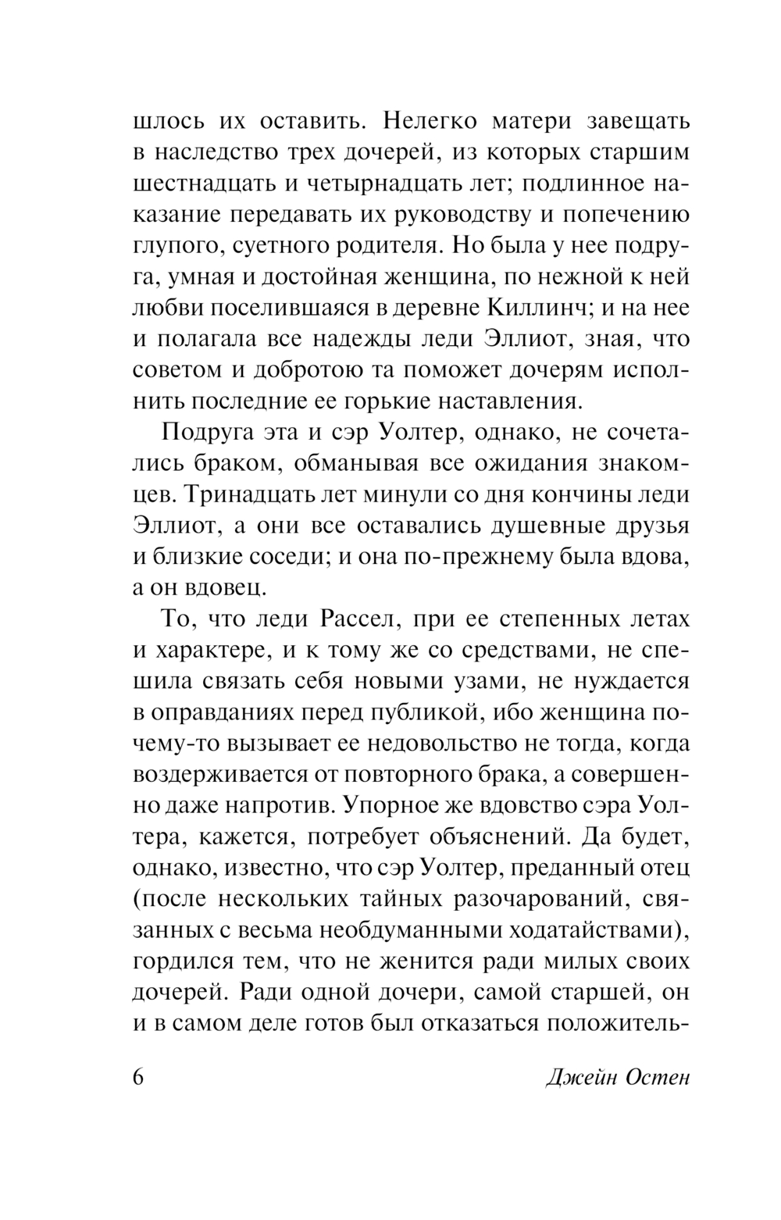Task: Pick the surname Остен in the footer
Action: (x=656, y=1078)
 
